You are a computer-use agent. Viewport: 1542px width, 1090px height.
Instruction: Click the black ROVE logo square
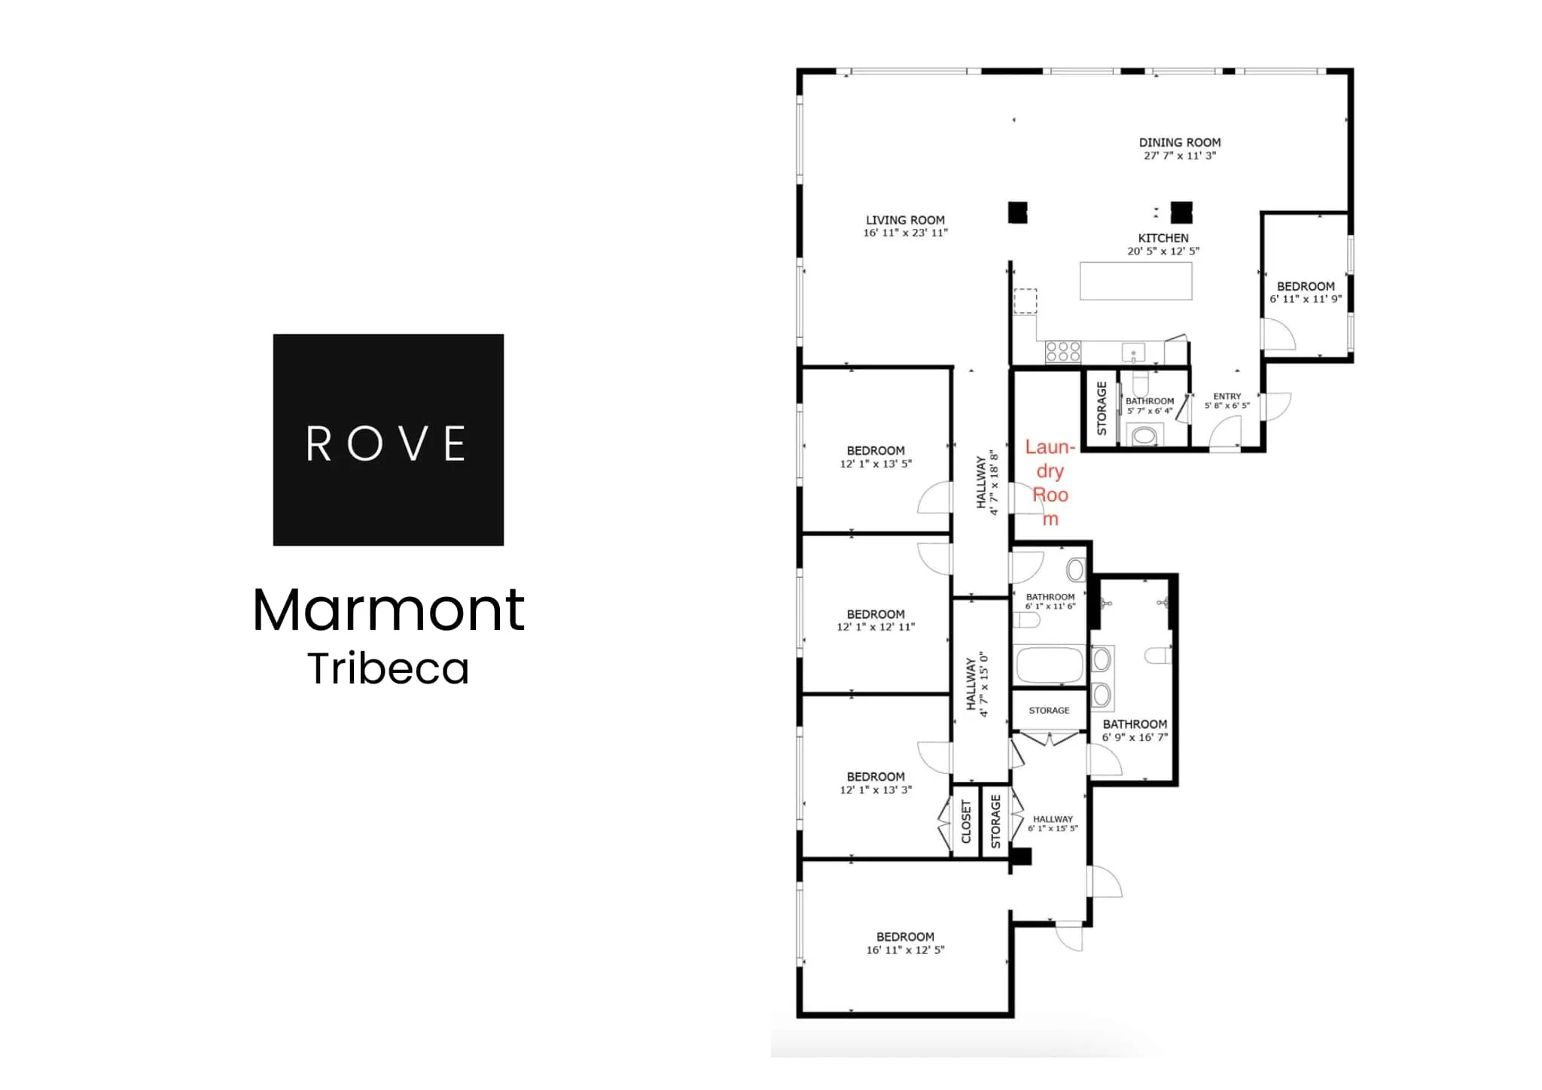pyautogui.click(x=388, y=440)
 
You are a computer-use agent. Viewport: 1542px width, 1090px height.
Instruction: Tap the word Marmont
pyautogui.click(x=389, y=609)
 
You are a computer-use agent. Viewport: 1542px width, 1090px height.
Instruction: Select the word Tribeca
pyautogui.click(x=389, y=668)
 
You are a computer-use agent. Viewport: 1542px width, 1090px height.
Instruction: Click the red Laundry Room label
pyautogui.click(x=1050, y=483)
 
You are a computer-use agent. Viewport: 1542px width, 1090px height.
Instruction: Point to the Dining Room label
pyautogui.click(x=1180, y=142)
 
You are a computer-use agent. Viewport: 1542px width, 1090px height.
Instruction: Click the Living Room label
pyautogui.click(x=905, y=220)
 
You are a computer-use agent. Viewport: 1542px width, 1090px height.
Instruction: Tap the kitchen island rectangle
pyautogui.click(x=1136, y=281)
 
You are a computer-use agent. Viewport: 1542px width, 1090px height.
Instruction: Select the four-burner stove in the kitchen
pyautogui.click(x=1063, y=352)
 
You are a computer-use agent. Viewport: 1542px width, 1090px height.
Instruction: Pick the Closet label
pyautogui.click(x=967, y=821)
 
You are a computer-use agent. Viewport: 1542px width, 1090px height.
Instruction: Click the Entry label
pyautogui.click(x=1227, y=396)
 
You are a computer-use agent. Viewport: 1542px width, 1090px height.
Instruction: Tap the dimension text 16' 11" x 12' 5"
pyautogui.click(x=905, y=950)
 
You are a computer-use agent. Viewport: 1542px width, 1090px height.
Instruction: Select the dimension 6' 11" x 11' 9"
pyautogui.click(x=1306, y=299)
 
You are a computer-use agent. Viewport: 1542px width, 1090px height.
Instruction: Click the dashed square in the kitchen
pyautogui.click(x=1025, y=300)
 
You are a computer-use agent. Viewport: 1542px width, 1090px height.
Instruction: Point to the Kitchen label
pyautogui.click(x=1163, y=238)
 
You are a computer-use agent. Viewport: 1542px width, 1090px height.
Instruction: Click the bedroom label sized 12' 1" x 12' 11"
pyautogui.click(x=876, y=614)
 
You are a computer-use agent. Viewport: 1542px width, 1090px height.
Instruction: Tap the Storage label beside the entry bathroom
pyautogui.click(x=1102, y=408)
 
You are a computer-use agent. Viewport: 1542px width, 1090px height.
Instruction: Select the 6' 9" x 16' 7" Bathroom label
pyautogui.click(x=1135, y=724)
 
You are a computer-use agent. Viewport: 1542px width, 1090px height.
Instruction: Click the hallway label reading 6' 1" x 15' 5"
pyautogui.click(x=1053, y=819)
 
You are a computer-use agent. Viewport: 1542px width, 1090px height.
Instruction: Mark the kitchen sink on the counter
pyautogui.click(x=1133, y=352)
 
